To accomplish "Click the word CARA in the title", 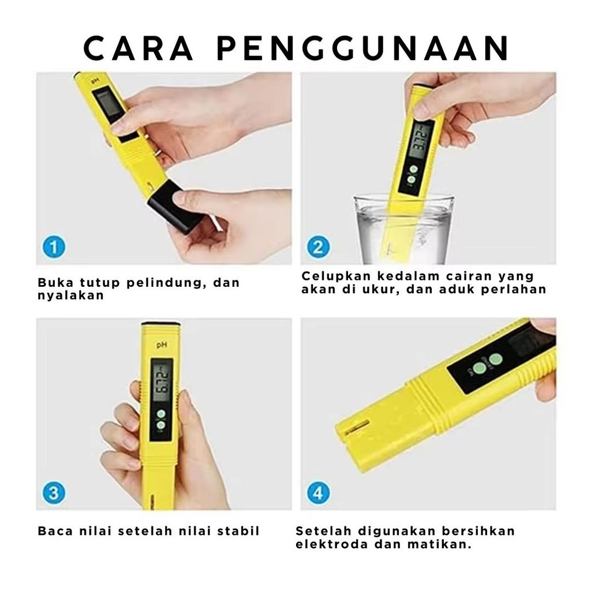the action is point(139,48).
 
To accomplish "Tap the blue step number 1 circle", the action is point(54,247).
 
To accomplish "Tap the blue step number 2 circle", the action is point(318,247).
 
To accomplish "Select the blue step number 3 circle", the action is point(54,493).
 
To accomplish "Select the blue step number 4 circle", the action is point(318,493).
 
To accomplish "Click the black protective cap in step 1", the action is point(173,207).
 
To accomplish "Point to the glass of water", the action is point(403,229).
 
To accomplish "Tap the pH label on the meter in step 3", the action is point(162,345).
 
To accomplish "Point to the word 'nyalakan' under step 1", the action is point(71,295).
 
